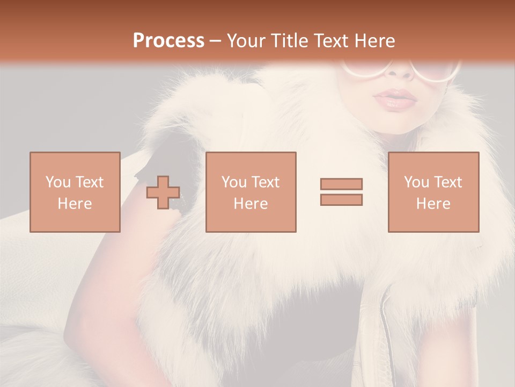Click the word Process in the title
coord(168,41)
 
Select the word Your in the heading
coord(246,41)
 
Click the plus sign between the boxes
coord(163,192)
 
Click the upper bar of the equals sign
coord(341,184)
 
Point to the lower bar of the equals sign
coord(341,199)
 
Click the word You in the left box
coord(58,182)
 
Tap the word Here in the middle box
coord(251,204)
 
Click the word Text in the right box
coord(447,182)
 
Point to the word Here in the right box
coord(433,204)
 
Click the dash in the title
coord(215,41)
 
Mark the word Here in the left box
coord(75,204)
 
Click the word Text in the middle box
coord(265,182)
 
